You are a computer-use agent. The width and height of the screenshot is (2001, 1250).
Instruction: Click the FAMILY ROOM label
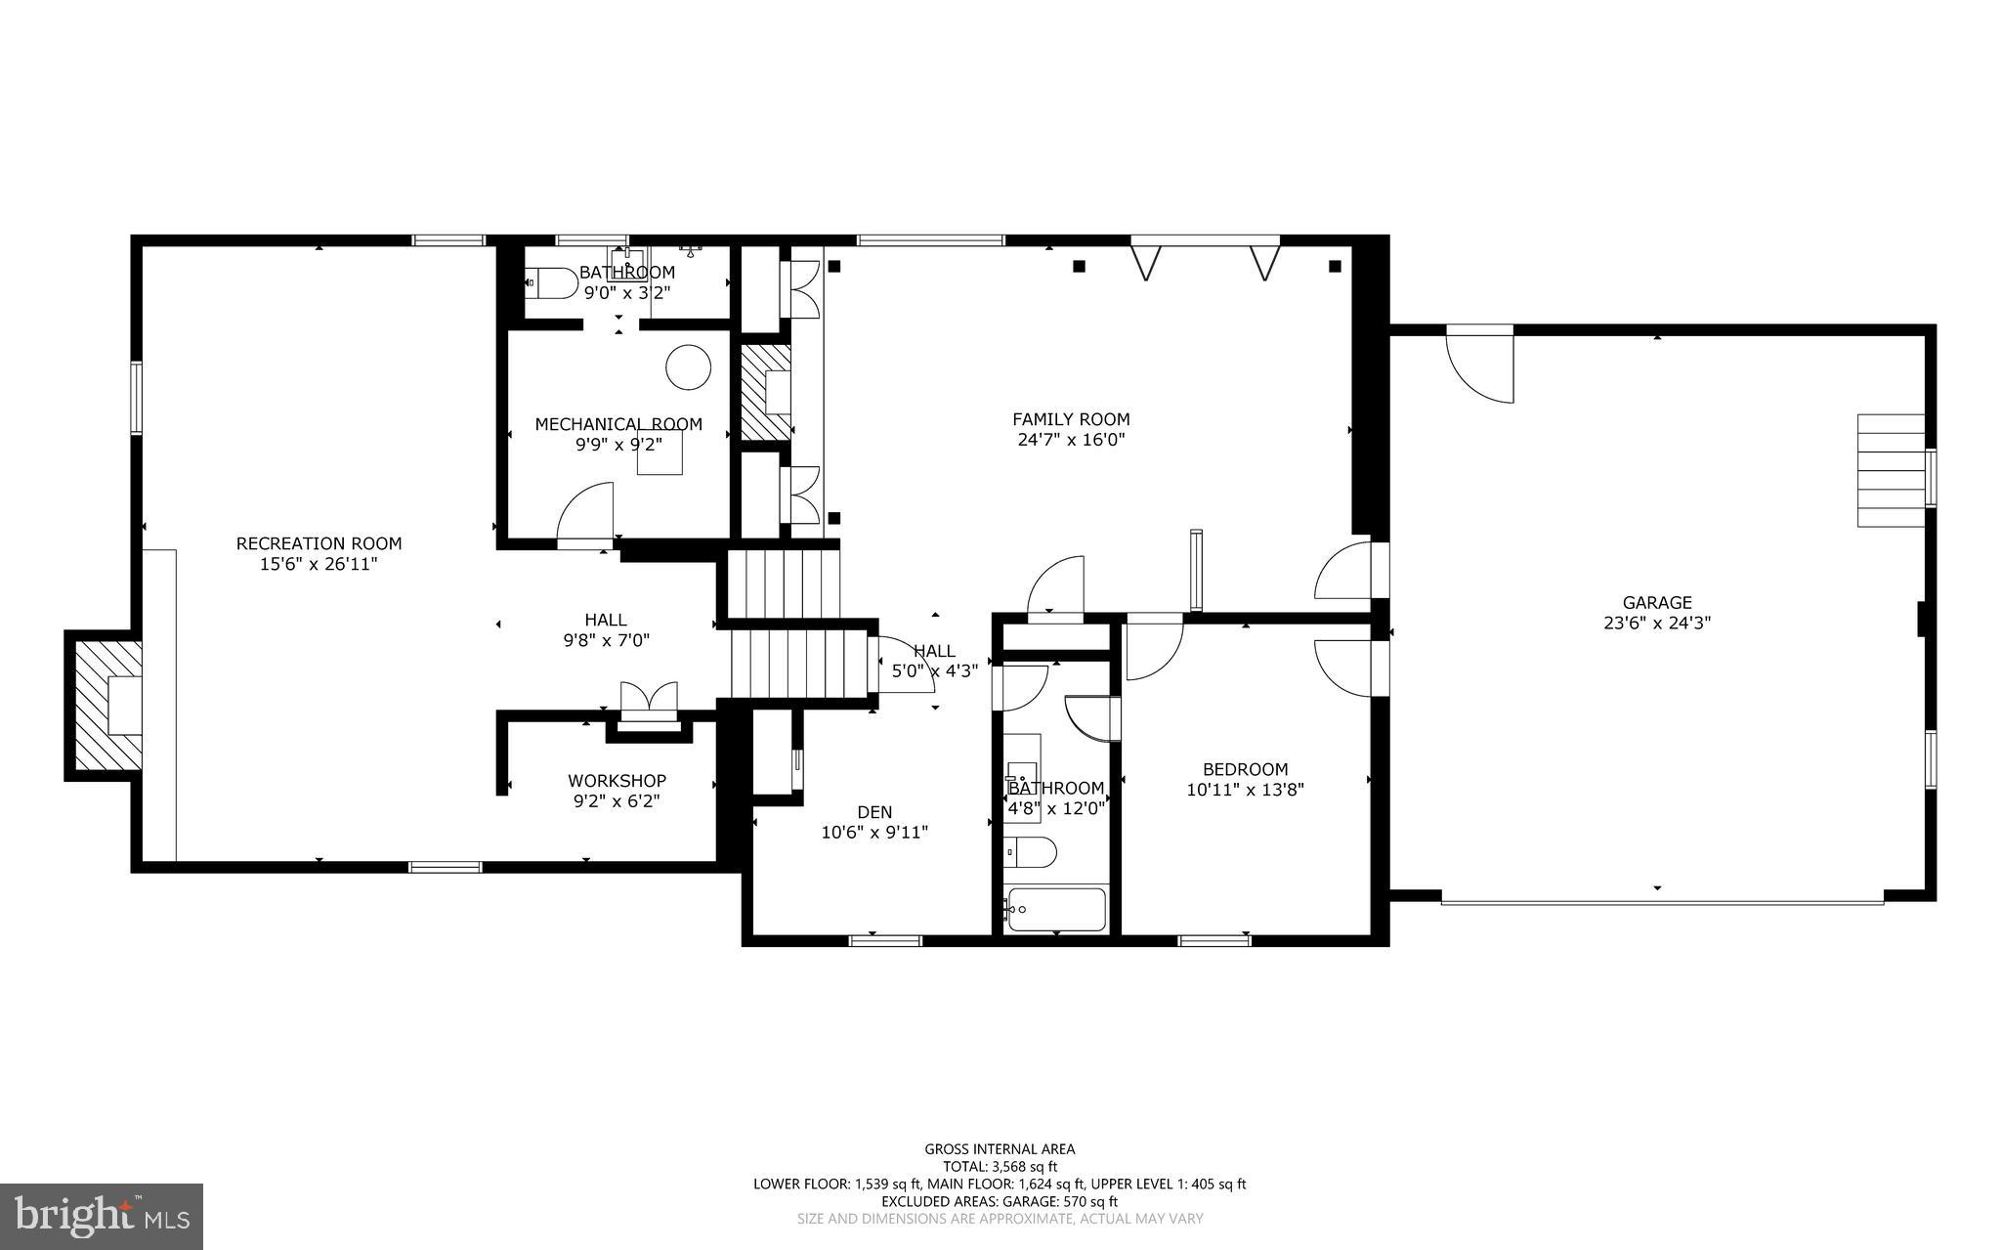[x=1071, y=419]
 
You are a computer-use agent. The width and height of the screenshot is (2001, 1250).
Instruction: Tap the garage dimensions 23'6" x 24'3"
[x=1657, y=623]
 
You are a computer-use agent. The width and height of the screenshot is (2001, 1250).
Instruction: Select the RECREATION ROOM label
[x=319, y=543]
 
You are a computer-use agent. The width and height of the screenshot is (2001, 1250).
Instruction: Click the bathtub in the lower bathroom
[x=1056, y=909]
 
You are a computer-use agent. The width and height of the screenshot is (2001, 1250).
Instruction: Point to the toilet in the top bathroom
[x=553, y=283]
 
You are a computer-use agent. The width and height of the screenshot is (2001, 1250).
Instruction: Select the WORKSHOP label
[x=617, y=781]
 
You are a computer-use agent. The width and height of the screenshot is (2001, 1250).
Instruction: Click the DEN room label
[x=874, y=812]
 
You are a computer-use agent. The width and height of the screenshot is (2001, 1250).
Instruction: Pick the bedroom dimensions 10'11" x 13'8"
[x=1245, y=790]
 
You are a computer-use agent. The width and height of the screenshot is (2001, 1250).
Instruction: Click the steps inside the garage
[x=1891, y=470]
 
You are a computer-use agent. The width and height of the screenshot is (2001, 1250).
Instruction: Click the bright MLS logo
[x=102, y=1216]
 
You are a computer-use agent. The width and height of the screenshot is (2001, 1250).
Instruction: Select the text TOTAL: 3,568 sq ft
[x=1000, y=1166]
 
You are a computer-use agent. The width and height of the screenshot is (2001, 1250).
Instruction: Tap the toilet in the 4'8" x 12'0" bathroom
[x=1031, y=852]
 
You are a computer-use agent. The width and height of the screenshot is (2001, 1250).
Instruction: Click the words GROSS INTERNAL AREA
[x=1000, y=1149]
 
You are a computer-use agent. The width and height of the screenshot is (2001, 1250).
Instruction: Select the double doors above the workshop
[x=649, y=699]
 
